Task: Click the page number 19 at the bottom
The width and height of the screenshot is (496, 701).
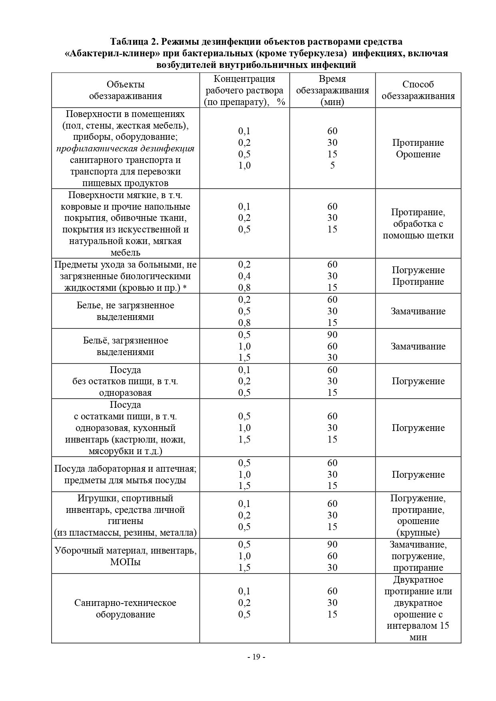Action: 256,657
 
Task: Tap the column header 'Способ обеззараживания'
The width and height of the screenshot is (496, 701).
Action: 418,90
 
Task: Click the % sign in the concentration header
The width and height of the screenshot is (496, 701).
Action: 281,102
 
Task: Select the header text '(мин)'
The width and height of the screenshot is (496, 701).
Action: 332,102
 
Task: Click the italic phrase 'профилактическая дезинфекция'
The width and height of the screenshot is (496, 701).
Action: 125,149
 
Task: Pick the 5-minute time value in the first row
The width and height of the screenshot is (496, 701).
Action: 332,165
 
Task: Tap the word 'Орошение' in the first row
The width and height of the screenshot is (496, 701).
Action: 418,154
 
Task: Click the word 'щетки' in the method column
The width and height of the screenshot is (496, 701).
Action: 440,235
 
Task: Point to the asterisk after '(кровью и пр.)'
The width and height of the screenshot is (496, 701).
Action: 185,288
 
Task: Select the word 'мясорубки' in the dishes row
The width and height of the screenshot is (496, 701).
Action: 108,451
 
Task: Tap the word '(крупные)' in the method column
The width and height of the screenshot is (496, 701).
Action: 418,532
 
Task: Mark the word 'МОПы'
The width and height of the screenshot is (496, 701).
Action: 125,562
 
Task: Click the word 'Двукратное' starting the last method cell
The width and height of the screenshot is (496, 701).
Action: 418,580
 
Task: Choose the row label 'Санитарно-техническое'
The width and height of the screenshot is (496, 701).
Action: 125,603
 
